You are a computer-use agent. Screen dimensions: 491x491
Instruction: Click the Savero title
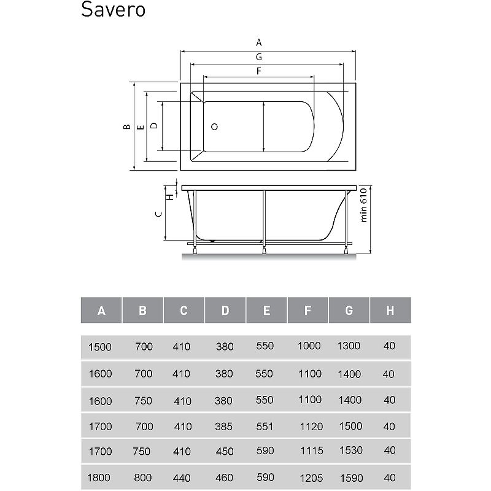click(113, 9)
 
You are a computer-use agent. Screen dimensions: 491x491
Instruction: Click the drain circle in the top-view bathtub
click(214, 127)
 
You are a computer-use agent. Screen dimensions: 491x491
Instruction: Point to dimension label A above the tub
click(258, 42)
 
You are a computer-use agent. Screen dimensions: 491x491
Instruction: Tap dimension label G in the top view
click(258, 57)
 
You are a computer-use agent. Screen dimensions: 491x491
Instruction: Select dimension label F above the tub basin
click(258, 71)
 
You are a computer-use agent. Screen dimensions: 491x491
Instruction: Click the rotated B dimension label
click(127, 126)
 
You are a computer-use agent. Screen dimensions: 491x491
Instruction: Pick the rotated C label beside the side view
click(159, 214)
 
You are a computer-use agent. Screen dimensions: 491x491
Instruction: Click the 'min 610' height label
click(363, 205)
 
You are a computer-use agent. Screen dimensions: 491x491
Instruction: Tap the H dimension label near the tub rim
click(170, 197)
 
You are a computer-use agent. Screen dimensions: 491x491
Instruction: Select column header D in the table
click(225, 311)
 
